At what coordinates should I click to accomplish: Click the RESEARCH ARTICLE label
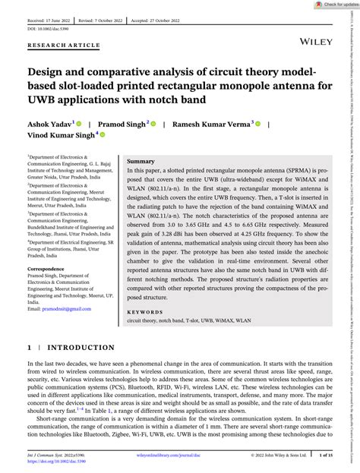click(x=63, y=45)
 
